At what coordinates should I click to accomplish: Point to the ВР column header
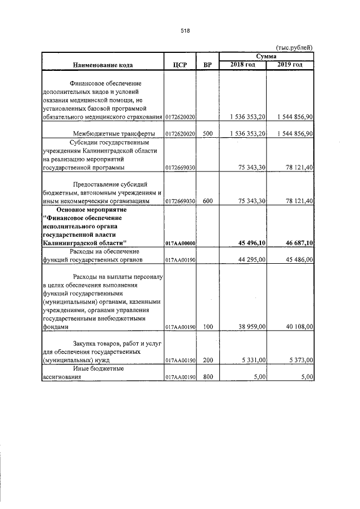[208, 65]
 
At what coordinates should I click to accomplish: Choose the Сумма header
[266, 57]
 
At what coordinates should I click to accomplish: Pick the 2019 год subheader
[290, 65]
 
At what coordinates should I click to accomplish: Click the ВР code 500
[208, 134]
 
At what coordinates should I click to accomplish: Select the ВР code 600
[208, 201]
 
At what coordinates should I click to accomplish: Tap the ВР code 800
[208, 377]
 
